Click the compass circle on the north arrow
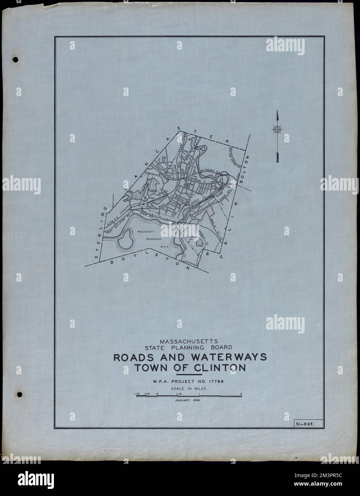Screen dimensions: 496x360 point(277,129)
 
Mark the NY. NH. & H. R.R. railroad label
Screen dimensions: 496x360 point(211,172)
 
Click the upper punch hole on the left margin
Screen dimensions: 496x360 point(15,60)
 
